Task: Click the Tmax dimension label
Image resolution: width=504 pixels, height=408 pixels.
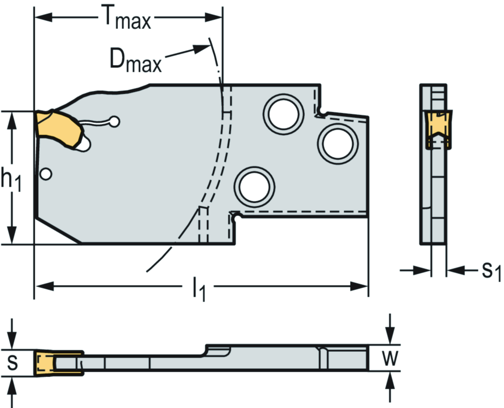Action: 126,19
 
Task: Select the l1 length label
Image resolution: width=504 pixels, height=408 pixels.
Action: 199,289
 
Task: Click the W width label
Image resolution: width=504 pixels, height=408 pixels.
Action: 390,358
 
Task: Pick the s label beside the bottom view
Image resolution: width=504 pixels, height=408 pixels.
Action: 13,363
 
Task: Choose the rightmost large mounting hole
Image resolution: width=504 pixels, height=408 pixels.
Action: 338,142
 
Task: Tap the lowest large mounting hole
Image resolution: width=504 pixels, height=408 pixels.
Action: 254,186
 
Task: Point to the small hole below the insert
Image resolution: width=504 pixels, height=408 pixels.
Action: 46,174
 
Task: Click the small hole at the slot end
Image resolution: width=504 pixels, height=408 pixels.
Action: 114,121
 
